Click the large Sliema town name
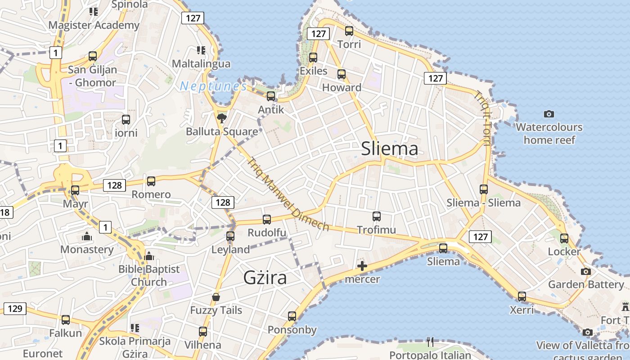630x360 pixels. click(390, 149)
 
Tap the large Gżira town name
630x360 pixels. click(265, 277)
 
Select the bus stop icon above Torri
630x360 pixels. click(349, 31)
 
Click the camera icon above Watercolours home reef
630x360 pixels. click(549, 114)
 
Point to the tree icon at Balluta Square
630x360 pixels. click(221, 118)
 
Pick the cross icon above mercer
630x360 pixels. click(362, 266)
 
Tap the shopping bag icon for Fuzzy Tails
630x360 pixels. click(216, 297)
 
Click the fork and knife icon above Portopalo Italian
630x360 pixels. click(430, 342)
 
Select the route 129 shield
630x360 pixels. click(15, 308)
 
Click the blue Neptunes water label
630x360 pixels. click(213, 86)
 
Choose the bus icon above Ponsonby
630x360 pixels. click(292, 316)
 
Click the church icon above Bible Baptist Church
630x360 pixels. click(149, 256)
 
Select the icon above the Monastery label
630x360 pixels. click(87, 236)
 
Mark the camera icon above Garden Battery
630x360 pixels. click(586, 271)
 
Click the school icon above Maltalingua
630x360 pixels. click(201, 50)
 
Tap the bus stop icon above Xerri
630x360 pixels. click(522, 297)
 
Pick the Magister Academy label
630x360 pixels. click(94, 25)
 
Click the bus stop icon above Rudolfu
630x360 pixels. click(267, 220)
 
